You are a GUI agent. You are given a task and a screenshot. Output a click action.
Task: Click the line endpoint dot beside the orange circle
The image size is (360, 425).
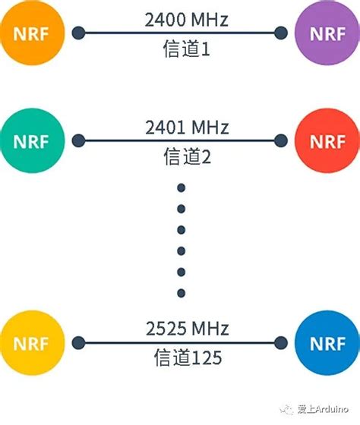coord(78,33)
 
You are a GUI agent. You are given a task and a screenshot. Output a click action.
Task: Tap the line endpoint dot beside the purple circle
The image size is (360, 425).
coord(282,33)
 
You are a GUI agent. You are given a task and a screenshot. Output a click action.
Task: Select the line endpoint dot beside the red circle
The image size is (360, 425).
coord(282,141)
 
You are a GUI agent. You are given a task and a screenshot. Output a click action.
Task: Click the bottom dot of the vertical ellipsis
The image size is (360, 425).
coord(181,293)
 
